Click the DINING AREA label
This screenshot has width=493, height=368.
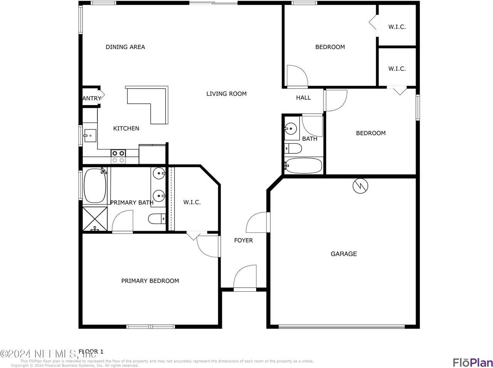click(125, 47)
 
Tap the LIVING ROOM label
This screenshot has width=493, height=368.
click(226, 94)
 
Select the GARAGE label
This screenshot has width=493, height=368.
click(344, 254)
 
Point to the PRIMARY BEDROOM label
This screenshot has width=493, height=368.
click(150, 281)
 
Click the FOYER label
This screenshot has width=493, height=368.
click(243, 240)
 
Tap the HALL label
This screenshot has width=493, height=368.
click(303, 97)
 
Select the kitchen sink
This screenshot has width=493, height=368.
click(90, 136)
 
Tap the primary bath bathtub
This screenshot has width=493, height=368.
click(95, 185)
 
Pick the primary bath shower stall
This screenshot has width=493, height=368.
click(95, 219)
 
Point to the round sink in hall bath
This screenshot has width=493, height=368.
click(291, 129)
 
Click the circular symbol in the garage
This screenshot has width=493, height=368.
click(360, 186)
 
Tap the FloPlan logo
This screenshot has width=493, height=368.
click(472, 362)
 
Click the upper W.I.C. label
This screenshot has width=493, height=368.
click(397, 27)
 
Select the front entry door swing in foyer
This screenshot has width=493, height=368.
click(245, 277)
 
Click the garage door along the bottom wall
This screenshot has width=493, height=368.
click(341, 327)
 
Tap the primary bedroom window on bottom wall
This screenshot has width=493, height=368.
click(151, 327)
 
